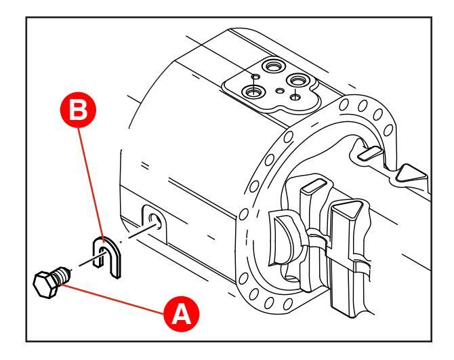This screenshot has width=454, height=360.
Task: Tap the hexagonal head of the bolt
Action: click(45, 281)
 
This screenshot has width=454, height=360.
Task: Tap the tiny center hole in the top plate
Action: click(279, 88)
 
